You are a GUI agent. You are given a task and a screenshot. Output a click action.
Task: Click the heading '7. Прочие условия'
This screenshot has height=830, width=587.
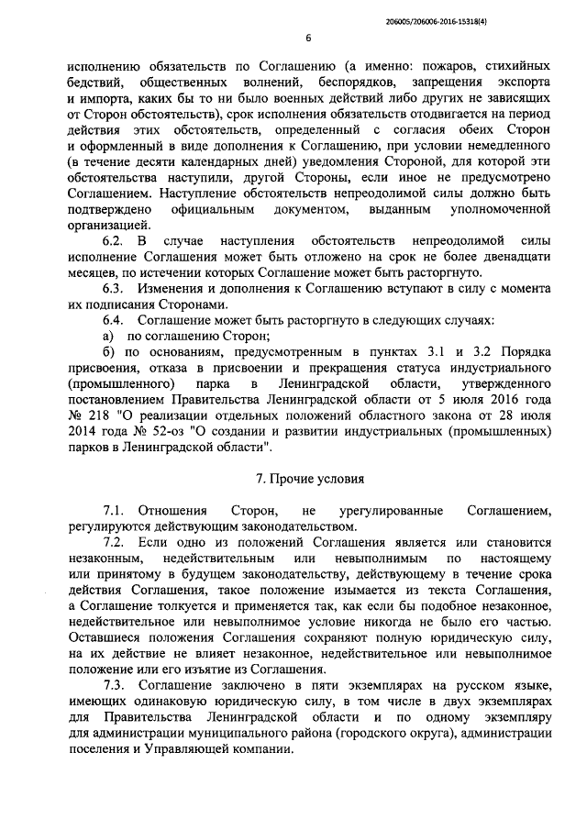click(308, 479)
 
